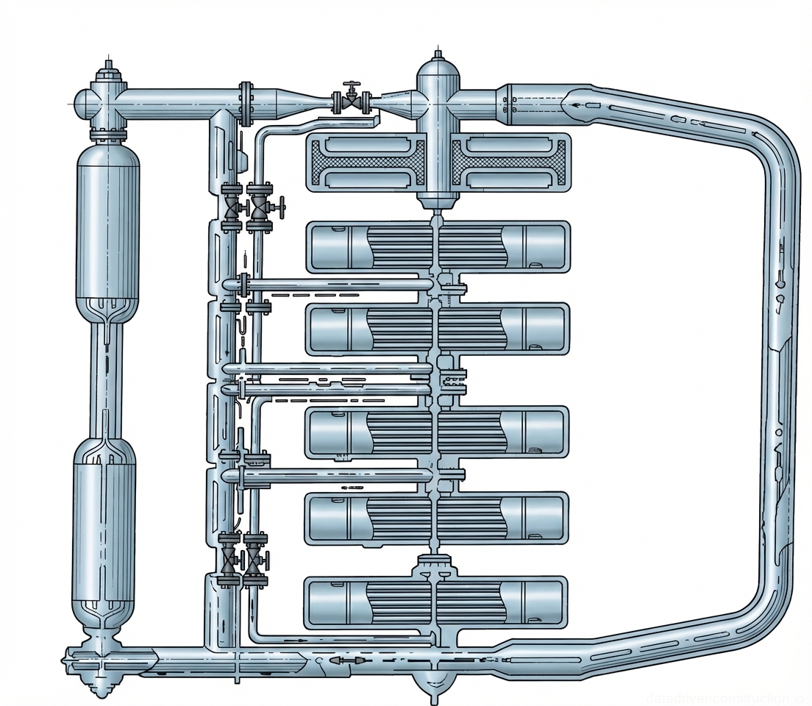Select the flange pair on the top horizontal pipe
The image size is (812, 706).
(x=246, y=104)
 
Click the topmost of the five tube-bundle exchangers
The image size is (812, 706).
(x=438, y=247)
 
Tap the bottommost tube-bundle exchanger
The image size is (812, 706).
(x=438, y=603)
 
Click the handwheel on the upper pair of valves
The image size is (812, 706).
(x=281, y=206)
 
